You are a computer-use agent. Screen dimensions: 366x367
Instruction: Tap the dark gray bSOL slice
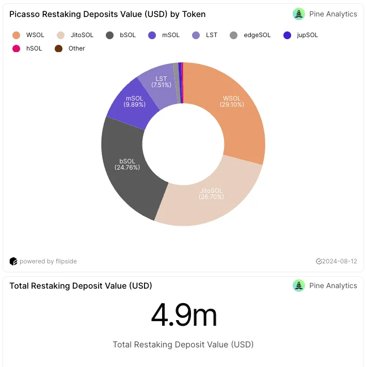(x=126, y=169)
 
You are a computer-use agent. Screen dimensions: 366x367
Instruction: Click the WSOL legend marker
(x=16, y=35)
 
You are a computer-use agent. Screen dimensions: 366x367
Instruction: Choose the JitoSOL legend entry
(x=75, y=35)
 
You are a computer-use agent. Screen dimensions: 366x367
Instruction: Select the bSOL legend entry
(x=121, y=35)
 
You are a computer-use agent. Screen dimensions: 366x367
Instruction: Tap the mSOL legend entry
(x=164, y=35)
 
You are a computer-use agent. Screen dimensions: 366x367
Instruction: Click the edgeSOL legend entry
(x=250, y=35)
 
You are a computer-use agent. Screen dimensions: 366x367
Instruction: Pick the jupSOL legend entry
(x=300, y=35)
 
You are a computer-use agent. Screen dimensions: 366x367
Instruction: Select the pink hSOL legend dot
(x=16, y=48)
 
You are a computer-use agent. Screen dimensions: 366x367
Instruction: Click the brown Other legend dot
(x=59, y=48)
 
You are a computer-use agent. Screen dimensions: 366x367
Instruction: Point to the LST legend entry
(x=205, y=35)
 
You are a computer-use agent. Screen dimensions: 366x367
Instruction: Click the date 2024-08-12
(x=340, y=261)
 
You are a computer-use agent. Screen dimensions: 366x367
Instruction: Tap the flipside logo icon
(x=13, y=261)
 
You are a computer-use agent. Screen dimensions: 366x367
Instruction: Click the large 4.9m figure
(x=184, y=314)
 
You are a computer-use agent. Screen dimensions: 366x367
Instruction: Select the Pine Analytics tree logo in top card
(x=299, y=14)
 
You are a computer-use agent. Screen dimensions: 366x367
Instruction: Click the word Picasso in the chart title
(x=25, y=14)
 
